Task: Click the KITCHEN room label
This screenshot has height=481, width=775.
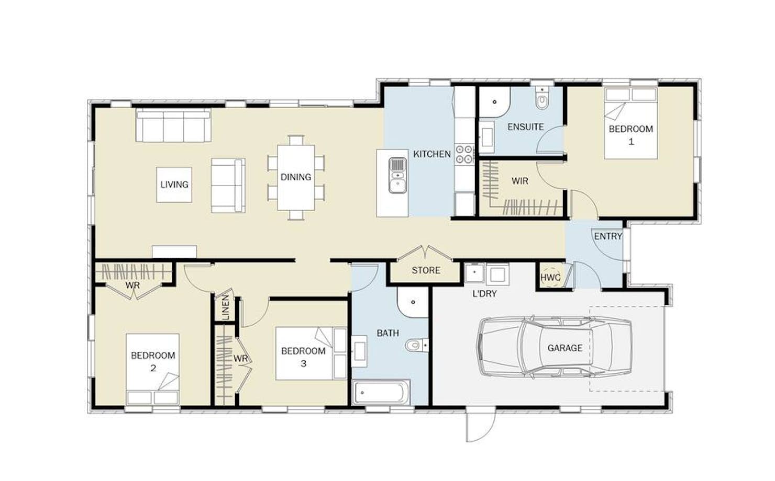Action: (432, 154)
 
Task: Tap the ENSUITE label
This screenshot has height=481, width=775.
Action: (525, 127)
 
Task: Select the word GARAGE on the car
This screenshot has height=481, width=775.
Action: (564, 348)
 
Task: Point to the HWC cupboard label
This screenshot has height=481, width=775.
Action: (550, 278)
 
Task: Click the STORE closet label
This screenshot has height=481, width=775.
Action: (426, 270)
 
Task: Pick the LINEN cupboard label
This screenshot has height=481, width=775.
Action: (226, 307)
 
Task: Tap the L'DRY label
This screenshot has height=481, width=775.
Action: (484, 294)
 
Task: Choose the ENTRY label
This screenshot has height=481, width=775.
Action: (608, 236)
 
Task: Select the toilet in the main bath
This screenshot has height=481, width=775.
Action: (417, 345)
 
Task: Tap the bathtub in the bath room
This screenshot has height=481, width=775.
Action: (381, 392)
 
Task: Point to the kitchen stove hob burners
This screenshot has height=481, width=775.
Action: (464, 154)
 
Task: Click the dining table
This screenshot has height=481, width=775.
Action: (296, 178)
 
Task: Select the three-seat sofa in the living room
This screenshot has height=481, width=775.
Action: (173, 125)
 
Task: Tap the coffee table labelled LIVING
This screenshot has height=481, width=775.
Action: (174, 185)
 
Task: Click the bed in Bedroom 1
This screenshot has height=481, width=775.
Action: (630, 123)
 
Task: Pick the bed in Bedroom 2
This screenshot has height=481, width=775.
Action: (152, 370)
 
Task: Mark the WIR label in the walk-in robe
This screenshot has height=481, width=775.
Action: (519, 181)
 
